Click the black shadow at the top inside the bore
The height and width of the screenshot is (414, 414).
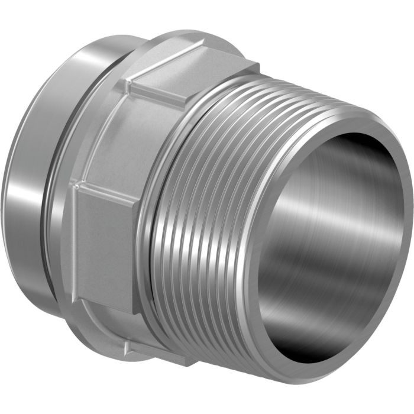click(x=349, y=148)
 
